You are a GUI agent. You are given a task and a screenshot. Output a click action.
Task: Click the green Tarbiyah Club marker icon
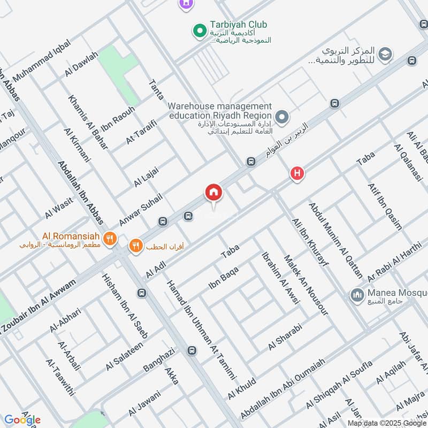pyautogui.click(x=200, y=32)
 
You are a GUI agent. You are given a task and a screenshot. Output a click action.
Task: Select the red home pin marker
pyautogui.click(x=213, y=193)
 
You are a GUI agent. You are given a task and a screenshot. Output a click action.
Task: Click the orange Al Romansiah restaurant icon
pyautogui.click(x=110, y=239)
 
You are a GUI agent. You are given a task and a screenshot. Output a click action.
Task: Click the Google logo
pyautogui.click(x=22, y=419)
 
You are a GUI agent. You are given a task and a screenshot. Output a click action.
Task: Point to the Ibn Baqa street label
pyautogui.click(x=223, y=279)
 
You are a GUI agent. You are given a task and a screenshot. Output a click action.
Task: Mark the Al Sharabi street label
pyautogui.click(x=285, y=337)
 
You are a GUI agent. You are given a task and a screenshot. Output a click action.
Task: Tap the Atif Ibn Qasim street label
pyautogui.click(x=384, y=206)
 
